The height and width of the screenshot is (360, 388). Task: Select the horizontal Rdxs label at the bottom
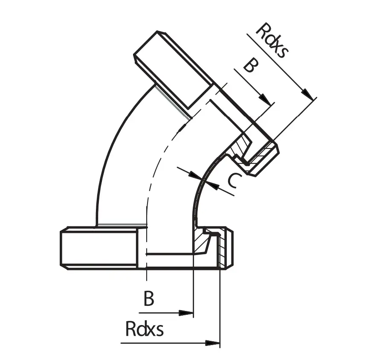click(145, 329)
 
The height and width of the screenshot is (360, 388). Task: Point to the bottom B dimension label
click(148, 299)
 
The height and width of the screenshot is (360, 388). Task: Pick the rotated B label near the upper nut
click(250, 67)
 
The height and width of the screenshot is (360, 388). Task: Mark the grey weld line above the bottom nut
click(122, 225)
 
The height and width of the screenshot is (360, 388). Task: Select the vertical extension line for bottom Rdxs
click(220, 307)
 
